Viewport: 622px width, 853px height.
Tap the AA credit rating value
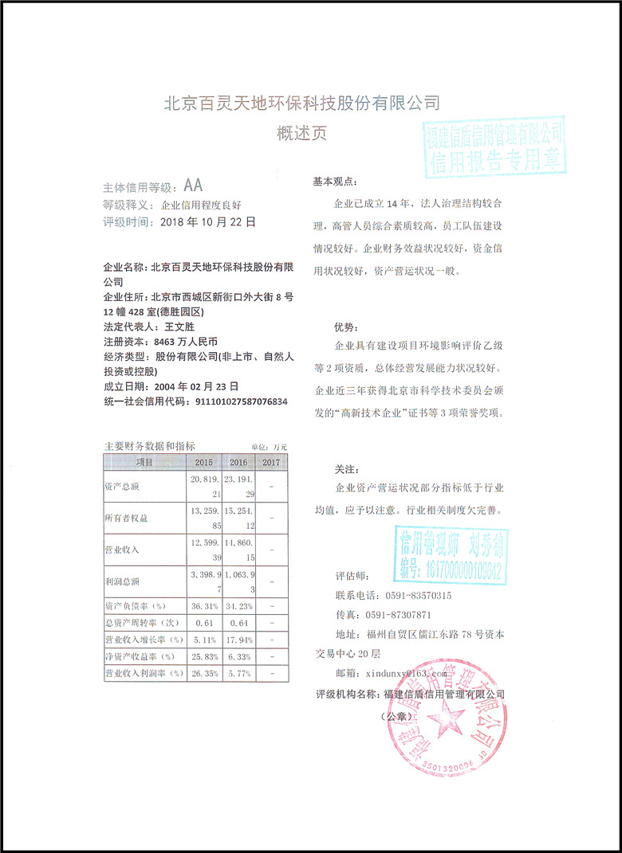click(x=193, y=186)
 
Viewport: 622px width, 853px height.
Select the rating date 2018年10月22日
click(x=208, y=223)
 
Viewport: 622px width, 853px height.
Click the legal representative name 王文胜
click(x=179, y=327)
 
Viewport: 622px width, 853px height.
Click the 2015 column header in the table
click(x=204, y=462)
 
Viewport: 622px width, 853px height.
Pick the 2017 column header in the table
click(x=271, y=462)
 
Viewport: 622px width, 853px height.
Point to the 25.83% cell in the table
click(x=204, y=656)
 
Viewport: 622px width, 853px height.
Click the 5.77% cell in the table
click(x=238, y=674)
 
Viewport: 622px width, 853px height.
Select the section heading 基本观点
click(x=337, y=182)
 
